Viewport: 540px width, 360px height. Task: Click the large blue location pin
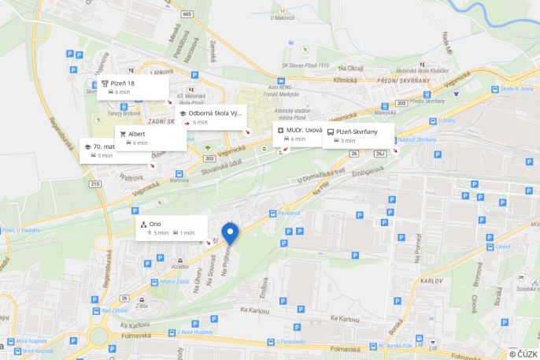[230, 234]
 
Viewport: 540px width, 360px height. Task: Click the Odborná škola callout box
[212, 117]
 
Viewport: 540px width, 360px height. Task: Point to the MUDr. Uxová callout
[298, 133]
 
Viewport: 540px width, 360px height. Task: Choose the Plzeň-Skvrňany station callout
[358, 135]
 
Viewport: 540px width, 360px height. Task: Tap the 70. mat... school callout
[115, 150]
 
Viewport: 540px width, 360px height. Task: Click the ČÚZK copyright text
[523, 354]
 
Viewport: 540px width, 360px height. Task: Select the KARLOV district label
[432, 280]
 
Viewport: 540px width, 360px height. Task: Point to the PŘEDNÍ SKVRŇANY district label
[405, 80]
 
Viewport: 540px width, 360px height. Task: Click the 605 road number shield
[187, 13]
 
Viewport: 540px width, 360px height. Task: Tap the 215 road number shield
[95, 184]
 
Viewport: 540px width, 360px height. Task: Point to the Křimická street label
[345, 80]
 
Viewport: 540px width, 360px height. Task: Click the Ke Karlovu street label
[344, 318]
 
